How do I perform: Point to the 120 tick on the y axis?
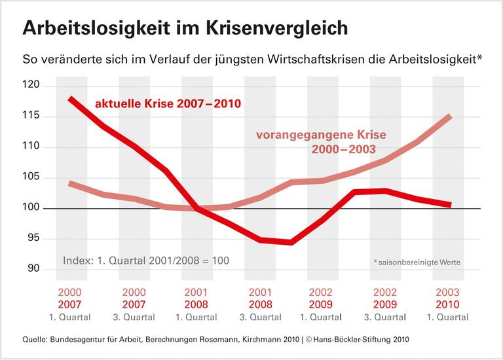[x=31, y=86]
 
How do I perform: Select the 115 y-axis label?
[x=31, y=116]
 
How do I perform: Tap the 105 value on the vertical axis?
[x=31, y=177]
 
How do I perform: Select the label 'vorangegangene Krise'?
[x=314, y=137]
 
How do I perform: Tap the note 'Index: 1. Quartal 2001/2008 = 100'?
[x=146, y=261]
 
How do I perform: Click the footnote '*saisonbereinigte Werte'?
[x=417, y=262]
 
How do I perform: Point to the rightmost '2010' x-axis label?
[x=449, y=304]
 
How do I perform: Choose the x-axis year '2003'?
[x=449, y=292]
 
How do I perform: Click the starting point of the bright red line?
[x=70, y=99]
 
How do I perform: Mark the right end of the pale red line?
[x=450, y=117]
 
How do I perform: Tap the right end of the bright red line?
[x=450, y=205]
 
